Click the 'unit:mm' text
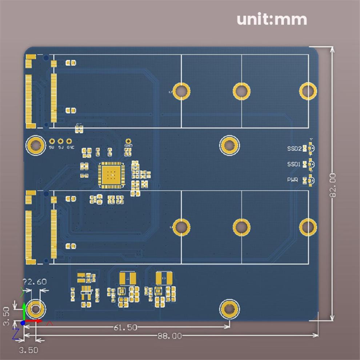point(272,19)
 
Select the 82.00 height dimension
point(333,185)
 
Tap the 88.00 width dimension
point(169,336)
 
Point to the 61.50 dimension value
point(125,327)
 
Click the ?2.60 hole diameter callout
point(35,281)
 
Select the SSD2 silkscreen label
point(294,148)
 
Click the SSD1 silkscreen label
point(294,164)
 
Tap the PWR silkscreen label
point(293,180)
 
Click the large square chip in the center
point(110,175)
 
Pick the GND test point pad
point(128,141)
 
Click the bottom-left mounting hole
point(35,309)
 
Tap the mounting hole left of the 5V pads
point(35,145)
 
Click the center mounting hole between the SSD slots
point(229,145)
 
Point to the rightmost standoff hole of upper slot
point(308,91)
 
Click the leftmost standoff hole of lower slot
point(181,227)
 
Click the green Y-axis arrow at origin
point(24,311)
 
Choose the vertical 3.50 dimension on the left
point(6,316)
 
